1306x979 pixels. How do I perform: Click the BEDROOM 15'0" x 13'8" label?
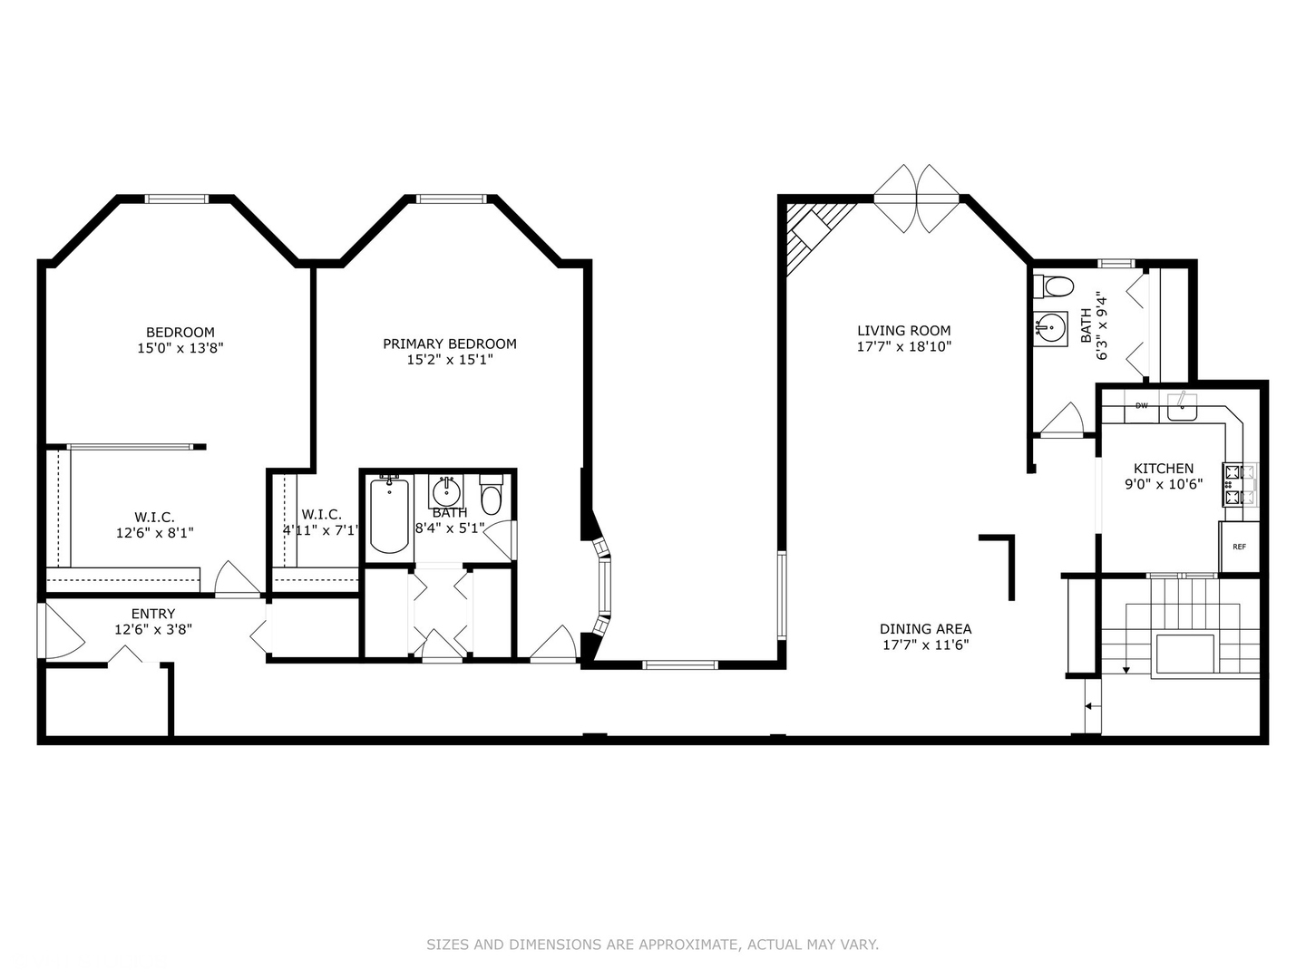[x=180, y=340]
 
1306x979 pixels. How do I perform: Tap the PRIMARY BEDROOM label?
[x=450, y=352]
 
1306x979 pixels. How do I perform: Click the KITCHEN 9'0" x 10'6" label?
[x=1164, y=476]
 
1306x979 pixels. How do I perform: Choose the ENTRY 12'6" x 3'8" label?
[x=153, y=621]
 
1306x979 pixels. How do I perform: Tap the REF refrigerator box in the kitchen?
[x=1239, y=547]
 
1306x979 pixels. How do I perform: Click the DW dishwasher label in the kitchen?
[x=1141, y=406]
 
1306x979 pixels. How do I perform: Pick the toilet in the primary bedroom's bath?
[x=491, y=495]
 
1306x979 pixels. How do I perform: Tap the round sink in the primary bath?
[x=445, y=492]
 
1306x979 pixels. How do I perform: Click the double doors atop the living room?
[x=917, y=197]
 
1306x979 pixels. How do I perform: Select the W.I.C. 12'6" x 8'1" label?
[x=154, y=525]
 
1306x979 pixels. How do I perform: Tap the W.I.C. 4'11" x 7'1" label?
[x=321, y=522]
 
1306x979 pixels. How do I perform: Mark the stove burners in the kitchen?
[x=1239, y=483]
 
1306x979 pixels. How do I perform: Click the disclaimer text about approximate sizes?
[x=652, y=945]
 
